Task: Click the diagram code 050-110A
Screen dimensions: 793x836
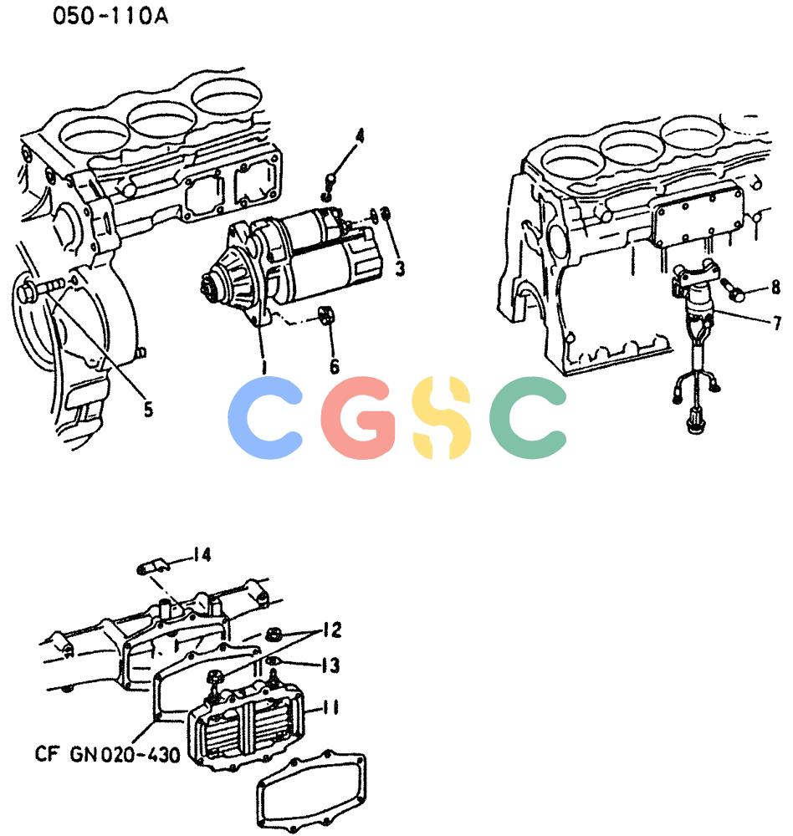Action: coord(110,15)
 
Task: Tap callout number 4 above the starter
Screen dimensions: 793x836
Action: coord(361,136)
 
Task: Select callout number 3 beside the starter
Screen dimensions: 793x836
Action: coord(400,268)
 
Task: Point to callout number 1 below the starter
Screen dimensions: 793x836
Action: coord(263,366)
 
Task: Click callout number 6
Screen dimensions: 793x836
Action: coord(334,366)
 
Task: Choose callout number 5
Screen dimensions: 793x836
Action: coord(148,410)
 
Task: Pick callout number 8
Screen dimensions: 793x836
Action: coord(775,288)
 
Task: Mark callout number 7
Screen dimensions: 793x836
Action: coord(777,323)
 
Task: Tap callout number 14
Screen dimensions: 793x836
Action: coord(202,555)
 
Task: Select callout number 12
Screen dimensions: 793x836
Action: coord(332,630)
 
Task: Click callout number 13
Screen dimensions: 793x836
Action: coord(330,665)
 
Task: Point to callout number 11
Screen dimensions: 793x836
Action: coord(331,707)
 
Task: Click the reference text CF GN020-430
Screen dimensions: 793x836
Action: coord(108,754)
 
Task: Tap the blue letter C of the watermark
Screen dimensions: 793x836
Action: coord(265,417)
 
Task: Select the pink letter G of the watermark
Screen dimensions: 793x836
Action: coord(358,417)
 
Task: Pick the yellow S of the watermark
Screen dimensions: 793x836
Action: coord(443,417)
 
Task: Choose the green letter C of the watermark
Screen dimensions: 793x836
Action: coord(528,417)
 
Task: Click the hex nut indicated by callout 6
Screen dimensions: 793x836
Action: coord(326,315)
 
